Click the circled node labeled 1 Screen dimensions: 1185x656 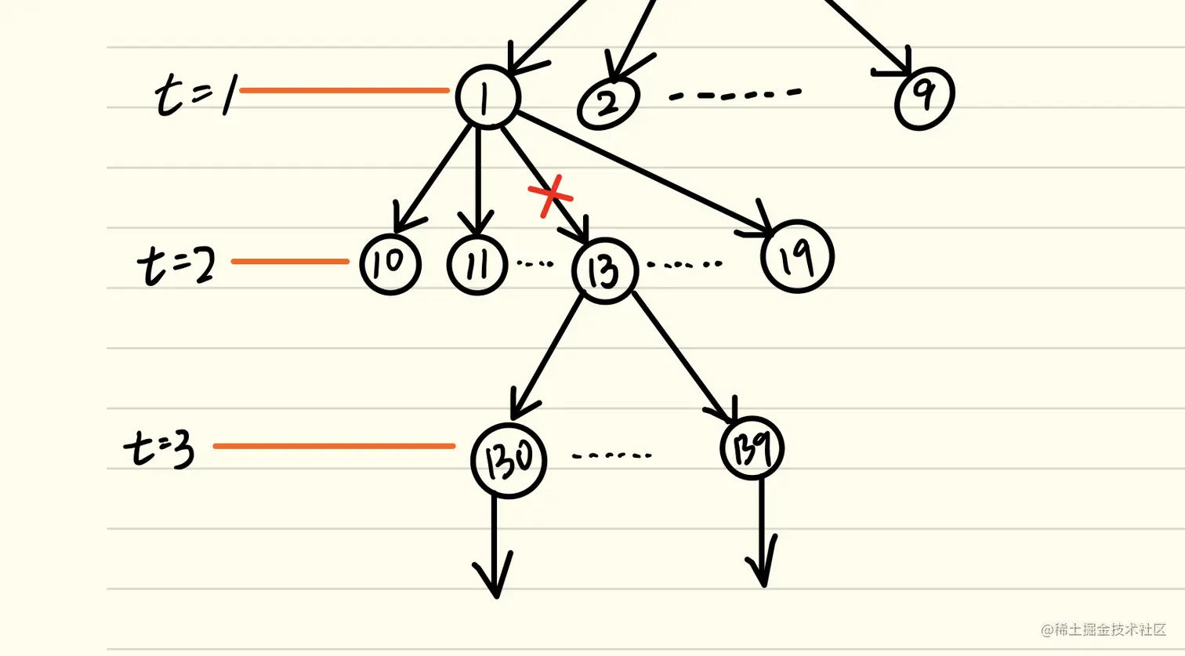[x=487, y=96]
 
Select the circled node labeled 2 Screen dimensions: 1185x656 [x=609, y=102]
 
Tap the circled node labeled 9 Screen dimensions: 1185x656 [x=925, y=97]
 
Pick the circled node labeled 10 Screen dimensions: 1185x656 [x=390, y=264]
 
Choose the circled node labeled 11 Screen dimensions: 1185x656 [x=477, y=264]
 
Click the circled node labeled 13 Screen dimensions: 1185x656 [x=605, y=270]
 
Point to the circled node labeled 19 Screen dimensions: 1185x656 [x=798, y=256]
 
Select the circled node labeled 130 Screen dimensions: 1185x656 [x=509, y=460]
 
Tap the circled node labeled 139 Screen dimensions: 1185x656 [x=752, y=448]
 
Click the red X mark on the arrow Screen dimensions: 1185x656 [x=551, y=196]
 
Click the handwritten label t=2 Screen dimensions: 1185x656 [x=177, y=264]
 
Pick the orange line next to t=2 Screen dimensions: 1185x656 [x=290, y=261]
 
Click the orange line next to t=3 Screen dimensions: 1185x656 [x=334, y=446]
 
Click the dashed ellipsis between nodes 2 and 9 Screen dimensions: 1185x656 [x=734, y=95]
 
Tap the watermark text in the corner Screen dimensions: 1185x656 [x=1103, y=629]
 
